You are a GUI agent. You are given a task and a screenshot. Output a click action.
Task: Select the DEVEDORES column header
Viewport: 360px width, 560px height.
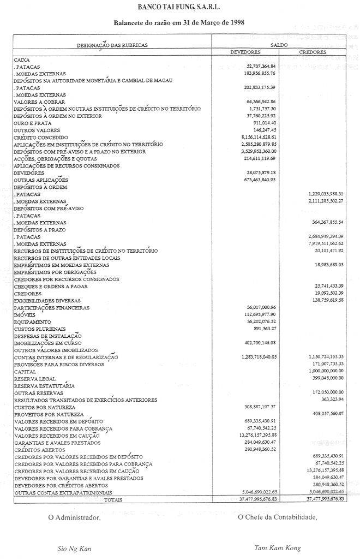pos(246,52)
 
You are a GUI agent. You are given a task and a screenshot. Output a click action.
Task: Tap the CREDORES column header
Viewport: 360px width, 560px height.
pos(313,52)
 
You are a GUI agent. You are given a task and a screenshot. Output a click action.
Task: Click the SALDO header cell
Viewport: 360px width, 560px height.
pos(279,45)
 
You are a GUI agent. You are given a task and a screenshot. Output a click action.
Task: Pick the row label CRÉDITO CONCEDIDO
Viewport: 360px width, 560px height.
pos(41,138)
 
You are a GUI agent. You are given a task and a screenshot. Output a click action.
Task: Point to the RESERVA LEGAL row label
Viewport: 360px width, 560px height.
pos(34,378)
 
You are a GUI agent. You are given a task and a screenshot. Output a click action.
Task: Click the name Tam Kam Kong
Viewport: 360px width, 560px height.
pos(277,548)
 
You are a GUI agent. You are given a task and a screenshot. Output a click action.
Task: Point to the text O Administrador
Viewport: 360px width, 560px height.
pos(75,517)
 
